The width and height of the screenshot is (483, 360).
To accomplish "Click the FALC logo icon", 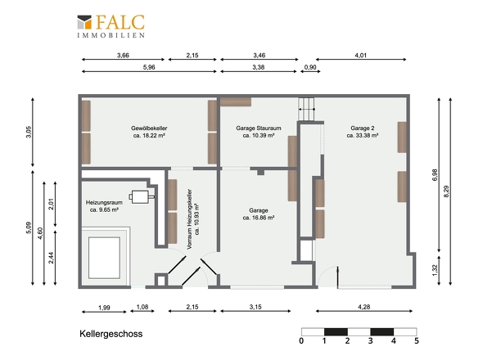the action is point(84,22).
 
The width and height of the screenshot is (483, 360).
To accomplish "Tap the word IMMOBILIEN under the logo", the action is point(111,35).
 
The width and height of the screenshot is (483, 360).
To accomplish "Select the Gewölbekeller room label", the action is point(149,128).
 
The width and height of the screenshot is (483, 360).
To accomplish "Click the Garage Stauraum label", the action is point(259,128).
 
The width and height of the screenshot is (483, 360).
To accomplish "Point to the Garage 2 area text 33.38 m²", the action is point(363,136).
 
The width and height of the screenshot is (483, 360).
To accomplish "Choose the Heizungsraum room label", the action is point(104,203).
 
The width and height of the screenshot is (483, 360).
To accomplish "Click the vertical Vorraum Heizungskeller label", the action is point(190,219).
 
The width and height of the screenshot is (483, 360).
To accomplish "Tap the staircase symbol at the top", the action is point(306,109).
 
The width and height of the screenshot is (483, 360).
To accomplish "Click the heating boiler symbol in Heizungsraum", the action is point(142,196).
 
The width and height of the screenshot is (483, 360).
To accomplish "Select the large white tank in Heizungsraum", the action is point(104,258).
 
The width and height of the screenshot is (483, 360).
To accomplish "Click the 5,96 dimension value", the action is point(149,67).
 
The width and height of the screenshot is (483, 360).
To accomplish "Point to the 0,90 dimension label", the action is point(310,67).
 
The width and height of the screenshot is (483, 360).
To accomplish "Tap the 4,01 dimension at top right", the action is point(361,56).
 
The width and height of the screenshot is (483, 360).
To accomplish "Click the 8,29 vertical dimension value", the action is point(446,191).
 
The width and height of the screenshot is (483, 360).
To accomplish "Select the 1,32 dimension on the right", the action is point(435,270).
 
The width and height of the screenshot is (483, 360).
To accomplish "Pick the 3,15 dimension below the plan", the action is point(255,307).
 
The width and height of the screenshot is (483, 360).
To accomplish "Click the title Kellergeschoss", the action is point(111,334).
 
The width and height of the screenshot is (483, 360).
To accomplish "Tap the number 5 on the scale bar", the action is point(417,340).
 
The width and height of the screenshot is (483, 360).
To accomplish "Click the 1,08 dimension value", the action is point(142,307).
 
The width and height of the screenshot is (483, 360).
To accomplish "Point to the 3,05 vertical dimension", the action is point(29,132).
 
